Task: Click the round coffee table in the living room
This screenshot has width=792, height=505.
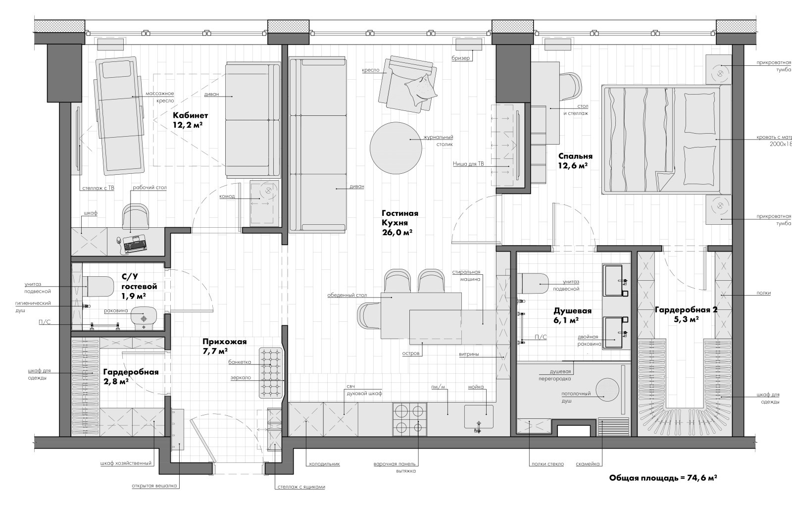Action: (396, 148)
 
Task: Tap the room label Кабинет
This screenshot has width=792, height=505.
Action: (190, 116)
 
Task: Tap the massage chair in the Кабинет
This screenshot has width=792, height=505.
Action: (119, 116)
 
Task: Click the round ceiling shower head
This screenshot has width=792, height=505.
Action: (607, 390)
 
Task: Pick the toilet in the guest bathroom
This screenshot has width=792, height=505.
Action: (99, 287)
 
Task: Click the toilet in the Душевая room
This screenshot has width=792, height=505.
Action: (533, 283)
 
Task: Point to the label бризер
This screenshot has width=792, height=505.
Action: (461, 58)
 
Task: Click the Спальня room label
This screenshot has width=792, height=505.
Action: (575, 156)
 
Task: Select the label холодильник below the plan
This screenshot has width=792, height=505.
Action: (324, 463)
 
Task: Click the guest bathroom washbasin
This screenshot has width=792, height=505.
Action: (144, 317)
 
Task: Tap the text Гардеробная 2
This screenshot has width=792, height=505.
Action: (686, 310)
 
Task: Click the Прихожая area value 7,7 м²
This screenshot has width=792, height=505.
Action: (215, 351)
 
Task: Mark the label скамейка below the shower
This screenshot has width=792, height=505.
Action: (587, 463)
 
